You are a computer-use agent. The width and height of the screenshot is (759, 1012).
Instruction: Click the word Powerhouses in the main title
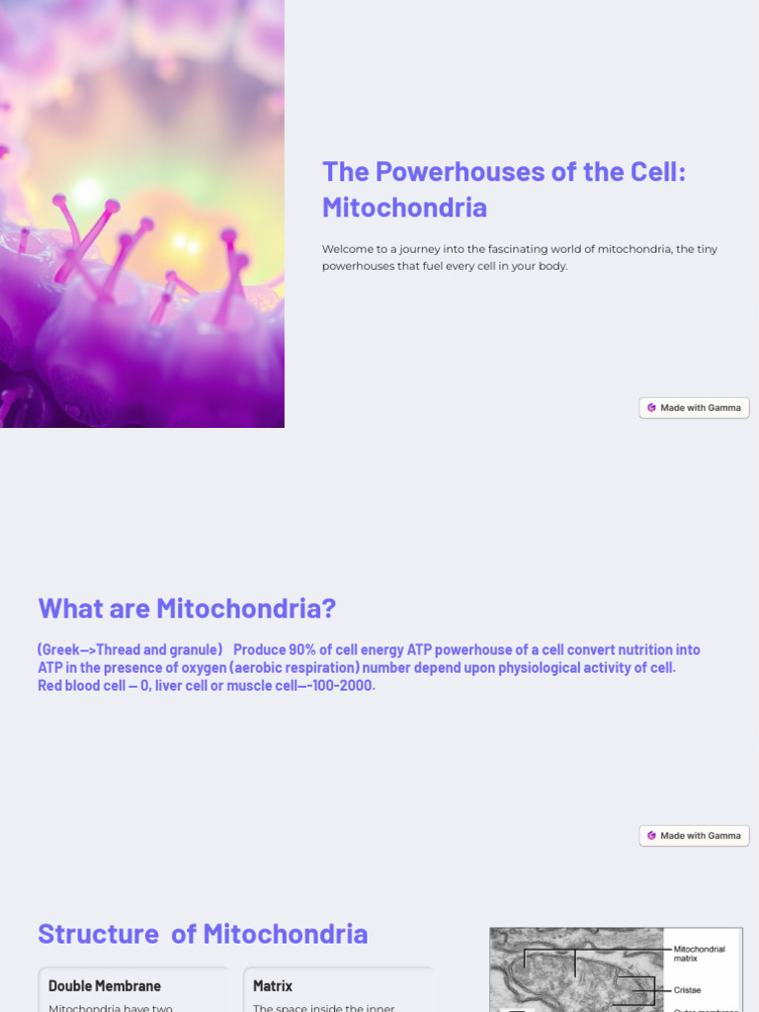pos(436,172)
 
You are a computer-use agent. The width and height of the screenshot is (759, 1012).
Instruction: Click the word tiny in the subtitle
pos(706,249)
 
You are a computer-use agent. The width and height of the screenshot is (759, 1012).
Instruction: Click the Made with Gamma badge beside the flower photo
pos(694,407)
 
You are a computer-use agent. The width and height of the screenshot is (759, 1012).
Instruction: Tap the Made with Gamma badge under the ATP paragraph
pos(694,835)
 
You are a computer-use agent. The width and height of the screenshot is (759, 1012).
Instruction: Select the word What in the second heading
pos(70,609)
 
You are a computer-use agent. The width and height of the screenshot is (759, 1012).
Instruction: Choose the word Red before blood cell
pos(51,686)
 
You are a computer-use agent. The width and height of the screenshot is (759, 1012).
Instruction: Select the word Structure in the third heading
pos(98,934)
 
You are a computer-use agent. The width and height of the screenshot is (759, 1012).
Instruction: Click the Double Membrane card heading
pos(105,986)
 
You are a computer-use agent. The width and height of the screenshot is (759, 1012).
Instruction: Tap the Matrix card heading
pos(273,986)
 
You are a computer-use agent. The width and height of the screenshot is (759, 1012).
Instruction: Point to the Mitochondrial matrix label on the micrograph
pos(700,954)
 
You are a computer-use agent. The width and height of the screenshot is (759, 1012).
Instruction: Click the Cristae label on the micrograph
pos(688,989)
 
